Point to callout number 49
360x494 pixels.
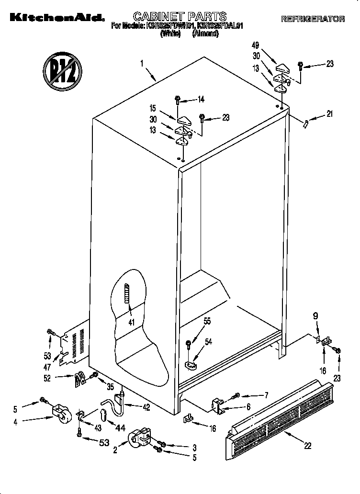point(255,45)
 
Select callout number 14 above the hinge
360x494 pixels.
point(201,100)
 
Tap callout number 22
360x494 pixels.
point(307,446)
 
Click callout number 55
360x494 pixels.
point(206,322)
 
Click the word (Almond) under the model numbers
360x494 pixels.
point(205,34)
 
